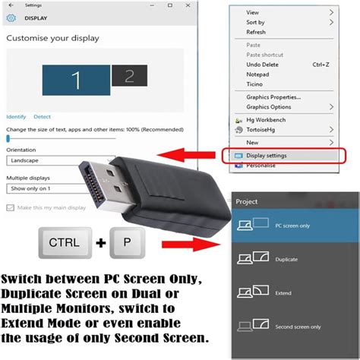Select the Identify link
click(x=16, y=116)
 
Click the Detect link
click(x=43, y=116)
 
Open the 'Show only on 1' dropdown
click(x=46, y=188)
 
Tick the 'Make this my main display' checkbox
click(x=11, y=207)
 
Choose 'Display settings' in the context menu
click(x=266, y=156)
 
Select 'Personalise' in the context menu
click(x=262, y=165)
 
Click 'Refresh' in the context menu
click(x=256, y=33)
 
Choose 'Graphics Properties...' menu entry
click(x=273, y=97)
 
